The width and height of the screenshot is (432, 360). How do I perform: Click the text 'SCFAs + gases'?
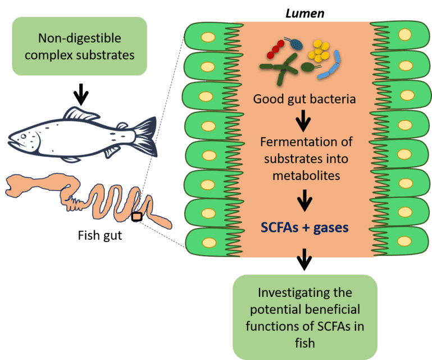coord(303,228)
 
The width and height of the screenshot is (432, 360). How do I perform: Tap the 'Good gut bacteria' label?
coord(304,99)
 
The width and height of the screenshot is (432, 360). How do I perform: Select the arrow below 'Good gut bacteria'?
coord(304,119)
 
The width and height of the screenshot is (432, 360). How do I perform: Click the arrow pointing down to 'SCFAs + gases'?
coord(304,199)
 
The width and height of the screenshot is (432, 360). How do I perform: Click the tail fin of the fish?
coord(144,135)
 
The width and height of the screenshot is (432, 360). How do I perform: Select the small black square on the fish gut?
coord(137,217)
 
